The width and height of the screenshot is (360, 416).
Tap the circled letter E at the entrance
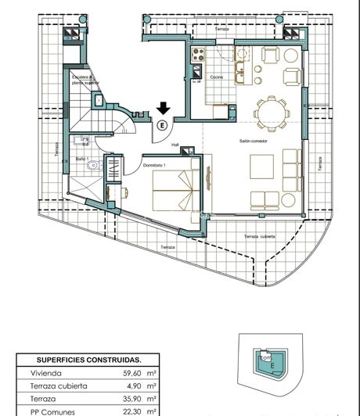162,124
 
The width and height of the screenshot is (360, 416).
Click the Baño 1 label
82,159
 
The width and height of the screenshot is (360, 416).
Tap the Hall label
176,144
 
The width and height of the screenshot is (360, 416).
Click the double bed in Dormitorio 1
176,192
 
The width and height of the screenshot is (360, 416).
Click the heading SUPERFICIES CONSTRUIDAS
88,360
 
